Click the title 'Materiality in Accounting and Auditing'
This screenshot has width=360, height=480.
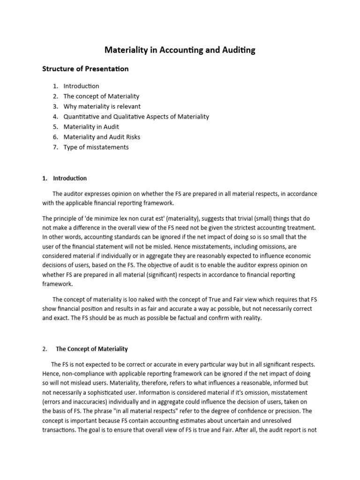click(x=180, y=50)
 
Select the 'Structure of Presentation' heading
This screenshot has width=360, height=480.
click(x=85, y=69)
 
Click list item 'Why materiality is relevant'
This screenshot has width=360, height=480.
click(x=102, y=106)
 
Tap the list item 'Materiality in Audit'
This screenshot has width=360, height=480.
click(x=91, y=127)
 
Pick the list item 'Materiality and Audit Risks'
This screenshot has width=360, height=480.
click(x=102, y=137)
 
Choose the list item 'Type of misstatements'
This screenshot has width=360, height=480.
click(x=96, y=147)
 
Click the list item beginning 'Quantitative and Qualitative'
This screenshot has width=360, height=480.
click(x=136, y=117)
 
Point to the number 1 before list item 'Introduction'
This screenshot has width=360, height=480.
click(x=55, y=86)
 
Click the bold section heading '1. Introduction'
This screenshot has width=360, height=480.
click(x=64, y=178)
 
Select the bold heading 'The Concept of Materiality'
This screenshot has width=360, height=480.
click(x=91, y=349)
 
